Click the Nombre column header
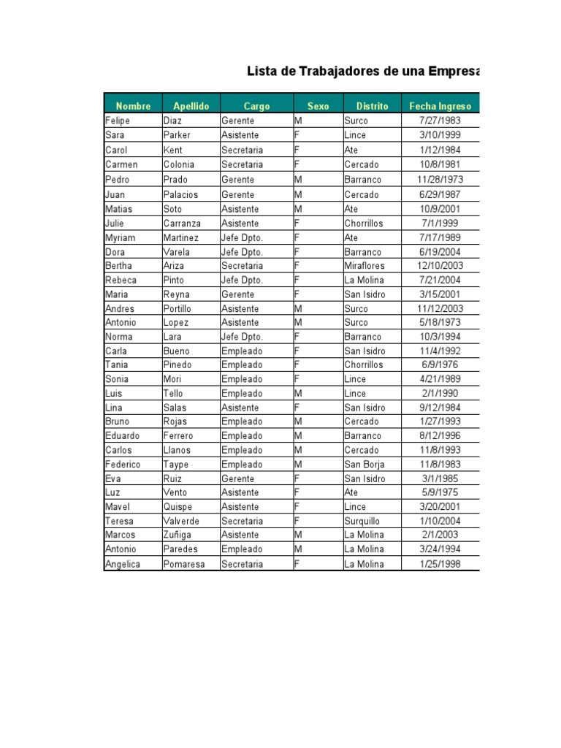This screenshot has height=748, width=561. point(133,106)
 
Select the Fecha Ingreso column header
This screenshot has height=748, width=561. point(440,106)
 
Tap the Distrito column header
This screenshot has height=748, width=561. point(372,106)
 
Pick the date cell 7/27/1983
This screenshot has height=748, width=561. point(440,121)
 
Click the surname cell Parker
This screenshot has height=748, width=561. point(177,135)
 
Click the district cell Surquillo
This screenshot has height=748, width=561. point(363,521)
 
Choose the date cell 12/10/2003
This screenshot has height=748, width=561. point(440,266)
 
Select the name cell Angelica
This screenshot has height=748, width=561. point(123,564)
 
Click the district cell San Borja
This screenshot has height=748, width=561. point(364,465)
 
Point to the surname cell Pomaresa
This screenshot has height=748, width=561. point(184,564)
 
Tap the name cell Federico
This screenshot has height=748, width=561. point(123,465)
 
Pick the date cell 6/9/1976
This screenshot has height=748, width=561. point(440,365)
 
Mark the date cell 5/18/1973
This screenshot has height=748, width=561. point(440,322)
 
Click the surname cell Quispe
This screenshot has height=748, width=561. point(178,507)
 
